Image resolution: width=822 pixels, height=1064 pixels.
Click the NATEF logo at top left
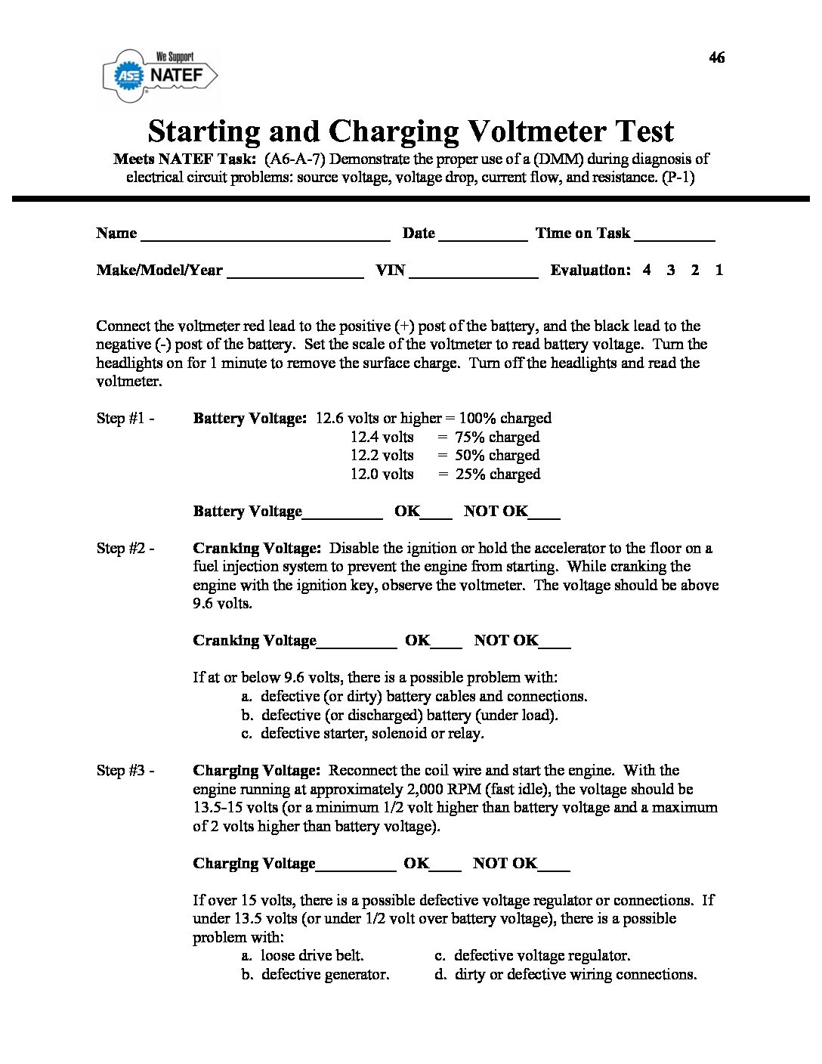tap(160, 75)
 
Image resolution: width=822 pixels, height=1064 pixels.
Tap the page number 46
tap(717, 57)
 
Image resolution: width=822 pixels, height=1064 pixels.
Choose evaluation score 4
tap(647, 270)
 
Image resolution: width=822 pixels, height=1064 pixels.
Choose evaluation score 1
tap(718, 270)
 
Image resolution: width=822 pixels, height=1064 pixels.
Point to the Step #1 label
tap(125, 419)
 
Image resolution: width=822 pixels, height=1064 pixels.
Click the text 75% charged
tap(497, 438)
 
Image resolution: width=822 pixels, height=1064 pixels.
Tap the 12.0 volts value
tap(382, 475)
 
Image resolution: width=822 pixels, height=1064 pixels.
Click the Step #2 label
tap(125, 549)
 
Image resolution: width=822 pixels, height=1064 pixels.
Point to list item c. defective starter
tap(363, 734)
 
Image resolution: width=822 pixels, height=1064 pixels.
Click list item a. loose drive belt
tap(303, 956)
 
